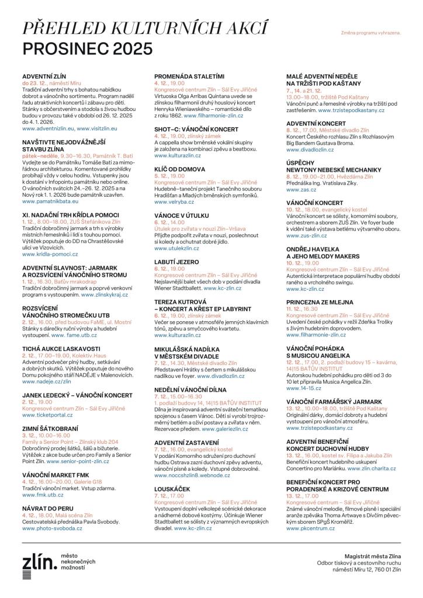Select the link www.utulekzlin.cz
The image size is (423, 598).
point(177,248)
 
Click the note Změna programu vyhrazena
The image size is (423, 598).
point(370,33)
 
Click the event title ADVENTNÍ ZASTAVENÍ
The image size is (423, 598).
point(186,443)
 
